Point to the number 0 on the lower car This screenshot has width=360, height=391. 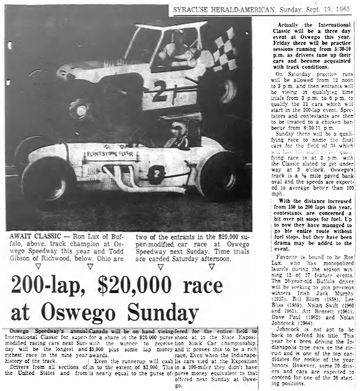coord(156,174)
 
